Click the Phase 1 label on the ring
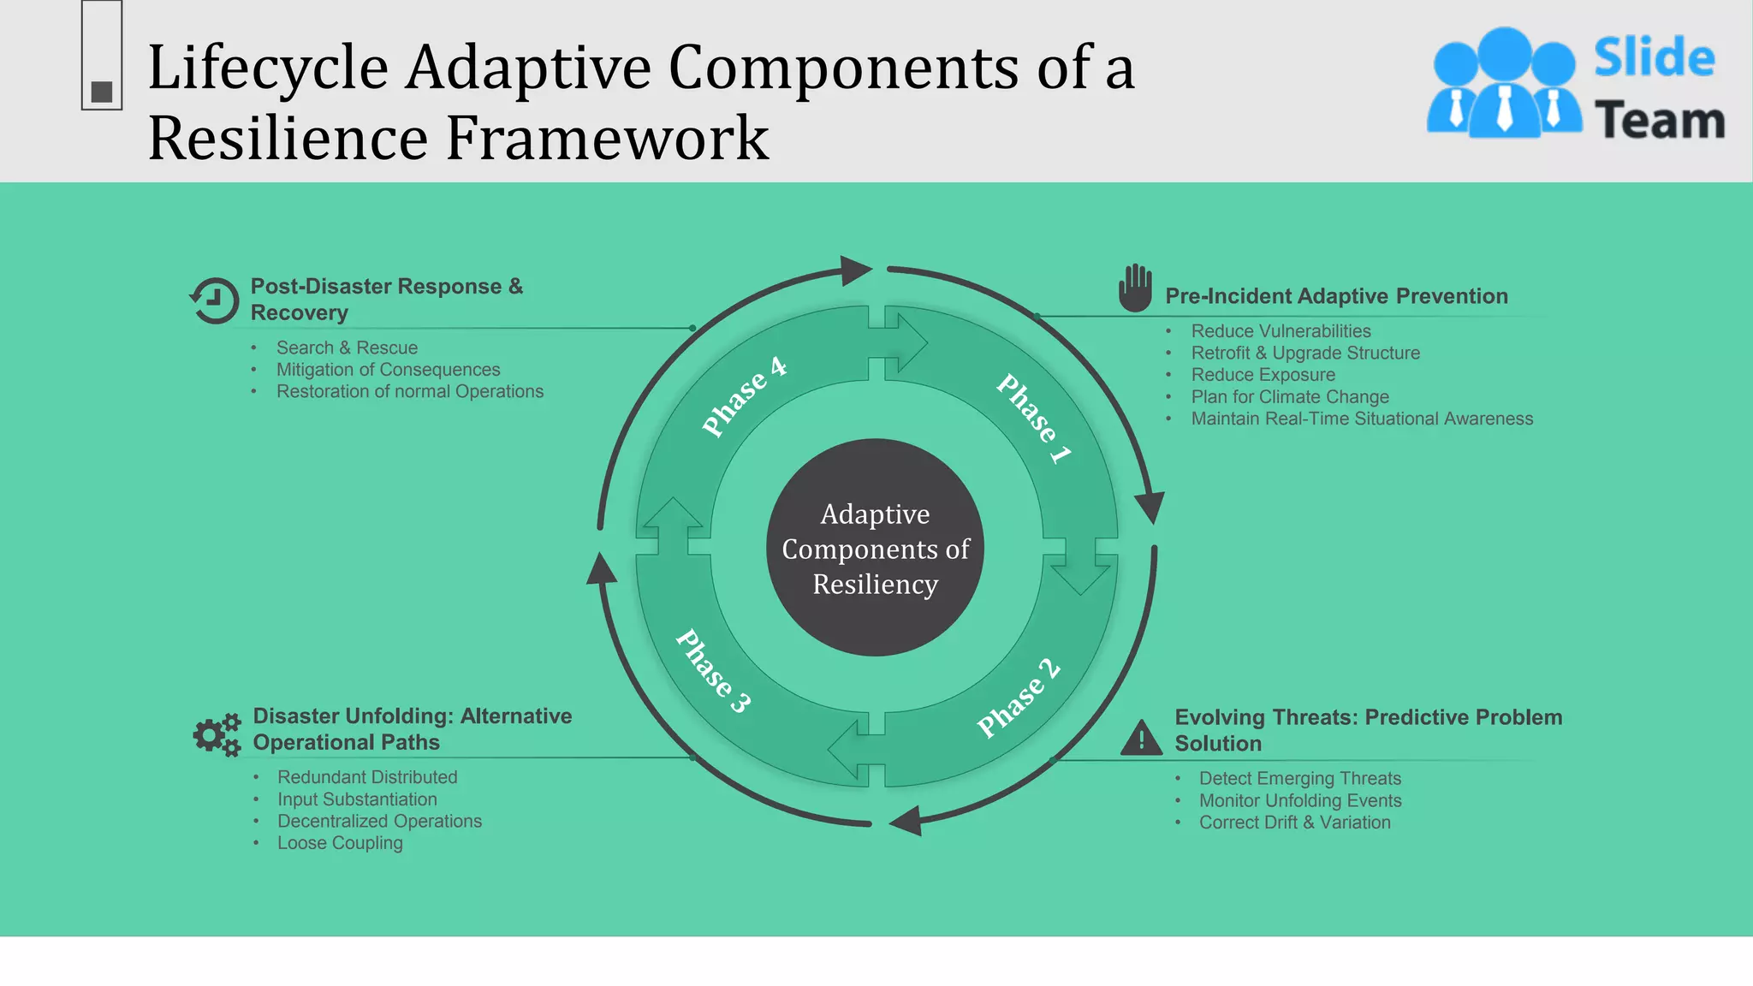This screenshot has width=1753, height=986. click(1033, 419)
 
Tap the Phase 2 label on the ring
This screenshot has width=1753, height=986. click(1019, 698)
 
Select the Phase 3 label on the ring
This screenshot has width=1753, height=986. click(713, 670)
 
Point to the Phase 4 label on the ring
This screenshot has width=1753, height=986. click(743, 395)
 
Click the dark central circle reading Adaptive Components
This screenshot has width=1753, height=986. click(875, 548)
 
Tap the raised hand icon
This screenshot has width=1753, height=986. click(1135, 288)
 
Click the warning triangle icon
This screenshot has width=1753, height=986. click(1141, 739)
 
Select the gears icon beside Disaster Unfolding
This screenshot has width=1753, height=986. click(217, 734)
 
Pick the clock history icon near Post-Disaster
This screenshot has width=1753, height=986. click(214, 300)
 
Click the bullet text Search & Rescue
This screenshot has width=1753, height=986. click(347, 347)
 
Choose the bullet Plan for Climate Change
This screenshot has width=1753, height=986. click(1289, 397)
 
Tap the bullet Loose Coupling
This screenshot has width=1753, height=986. click(340, 843)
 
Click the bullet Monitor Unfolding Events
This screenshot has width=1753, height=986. click(1299, 801)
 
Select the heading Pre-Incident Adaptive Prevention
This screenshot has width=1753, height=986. click(1336, 296)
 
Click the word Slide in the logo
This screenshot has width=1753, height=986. click(1654, 58)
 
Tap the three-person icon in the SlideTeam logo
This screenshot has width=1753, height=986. click(1504, 83)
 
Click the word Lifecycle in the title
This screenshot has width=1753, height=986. click(268, 68)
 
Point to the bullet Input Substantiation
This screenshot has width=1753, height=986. click(357, 799)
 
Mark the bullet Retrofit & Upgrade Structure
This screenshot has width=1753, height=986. click(1304, 353)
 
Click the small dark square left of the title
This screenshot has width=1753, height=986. click(102, 92)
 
